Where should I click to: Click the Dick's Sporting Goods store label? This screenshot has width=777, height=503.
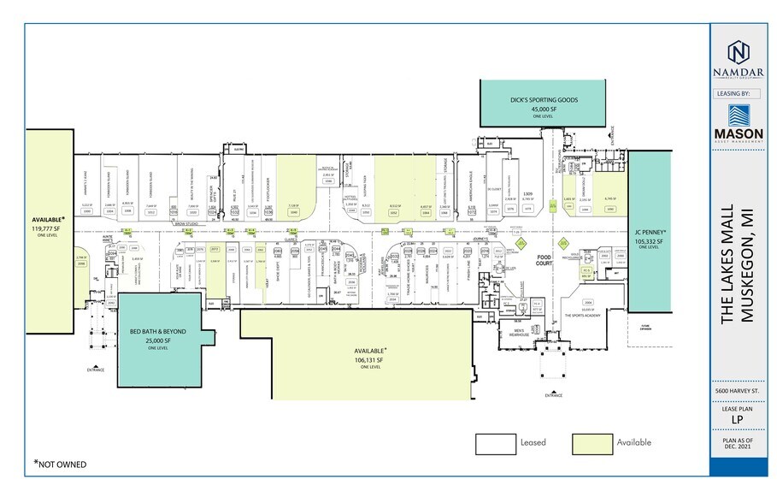[544, 100]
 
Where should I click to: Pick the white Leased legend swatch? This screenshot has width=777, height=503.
[494, 443]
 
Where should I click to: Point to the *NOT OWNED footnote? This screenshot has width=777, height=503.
[60, 465]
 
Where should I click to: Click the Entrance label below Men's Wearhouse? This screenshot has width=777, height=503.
[554, 396]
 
